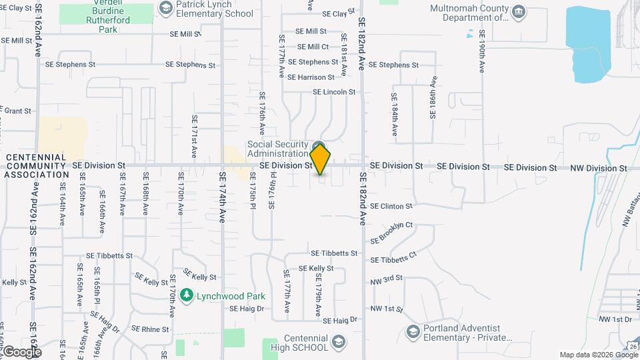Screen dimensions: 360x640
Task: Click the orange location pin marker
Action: click(320, 159)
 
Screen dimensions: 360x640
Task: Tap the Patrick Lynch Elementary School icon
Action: click(165, 7)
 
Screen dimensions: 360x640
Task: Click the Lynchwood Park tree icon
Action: click(187, 295)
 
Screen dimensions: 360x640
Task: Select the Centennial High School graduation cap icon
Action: click(339, 341)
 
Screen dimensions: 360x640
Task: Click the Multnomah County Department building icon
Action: click(517, 11)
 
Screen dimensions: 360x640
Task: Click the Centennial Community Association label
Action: click(36, 165)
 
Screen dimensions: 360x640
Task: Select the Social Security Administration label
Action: click(278, 149)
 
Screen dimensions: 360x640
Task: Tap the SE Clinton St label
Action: click(391, 206)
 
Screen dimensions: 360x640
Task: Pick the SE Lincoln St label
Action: click(334, 92)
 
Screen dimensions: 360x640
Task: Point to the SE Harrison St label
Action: click(311, 77)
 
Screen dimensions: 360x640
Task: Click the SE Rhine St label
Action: click(151, 329)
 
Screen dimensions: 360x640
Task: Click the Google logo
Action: click(21, 351)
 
